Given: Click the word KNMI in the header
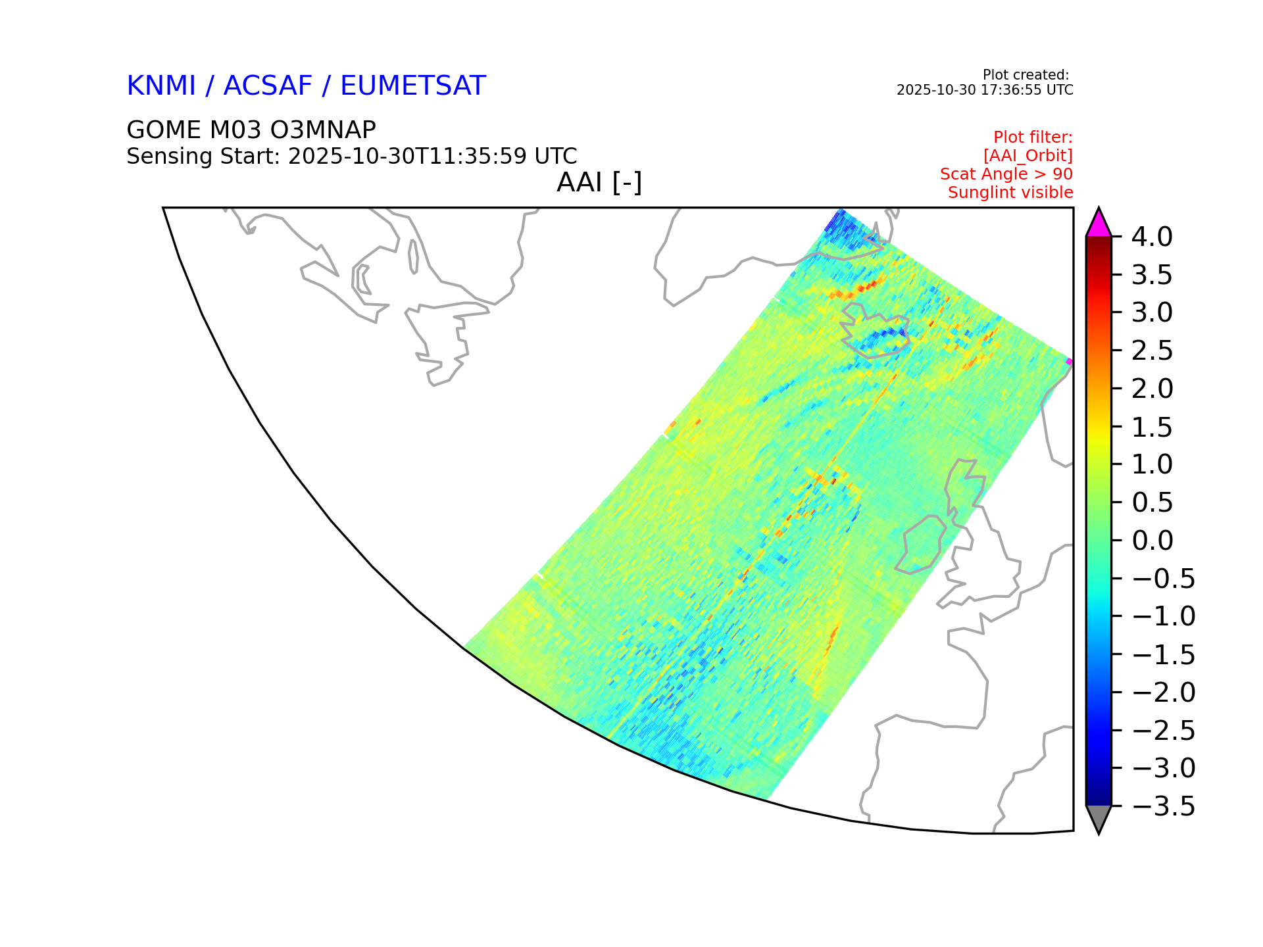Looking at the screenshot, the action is click(161, 86).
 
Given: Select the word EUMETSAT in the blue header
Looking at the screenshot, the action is click(413, 86).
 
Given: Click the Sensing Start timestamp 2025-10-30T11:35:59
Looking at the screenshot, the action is click(407, 157).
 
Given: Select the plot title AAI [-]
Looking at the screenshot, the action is click(599, 183).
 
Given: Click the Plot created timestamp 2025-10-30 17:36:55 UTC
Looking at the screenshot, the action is click(985, 90).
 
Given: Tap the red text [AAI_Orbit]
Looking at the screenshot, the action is click(1028, 156).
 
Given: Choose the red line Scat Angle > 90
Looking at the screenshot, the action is click(1006, 174).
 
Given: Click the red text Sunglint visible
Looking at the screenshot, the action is click(1010, 193).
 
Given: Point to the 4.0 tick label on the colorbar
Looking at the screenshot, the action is click(1152, 237).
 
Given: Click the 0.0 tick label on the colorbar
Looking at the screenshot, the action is click(1152, 541).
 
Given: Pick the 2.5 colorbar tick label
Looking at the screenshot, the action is click(1152, 351).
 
